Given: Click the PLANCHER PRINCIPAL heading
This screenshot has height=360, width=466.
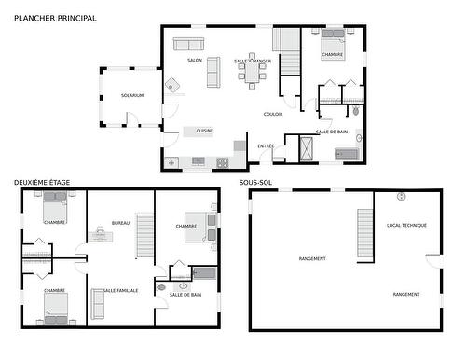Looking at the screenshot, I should (x=55, y=18).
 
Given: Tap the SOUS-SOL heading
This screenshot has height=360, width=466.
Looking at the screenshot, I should (x=255, y=182).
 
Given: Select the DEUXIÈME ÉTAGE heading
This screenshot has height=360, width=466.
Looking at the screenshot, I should (x=42, y=182).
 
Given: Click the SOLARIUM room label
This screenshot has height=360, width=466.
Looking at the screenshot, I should (x=132, y=95).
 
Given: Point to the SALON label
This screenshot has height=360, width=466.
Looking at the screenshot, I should (x=195, y=60).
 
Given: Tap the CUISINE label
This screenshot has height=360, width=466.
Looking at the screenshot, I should (x=205, y=131).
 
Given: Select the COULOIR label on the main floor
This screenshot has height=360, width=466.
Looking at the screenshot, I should (x=273, y=114).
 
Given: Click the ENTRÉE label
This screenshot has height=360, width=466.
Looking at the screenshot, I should (x=267, y=145).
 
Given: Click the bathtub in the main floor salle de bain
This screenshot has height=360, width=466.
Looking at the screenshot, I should (x=347, y=153).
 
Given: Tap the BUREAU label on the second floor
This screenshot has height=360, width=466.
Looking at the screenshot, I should (x=120, y=223).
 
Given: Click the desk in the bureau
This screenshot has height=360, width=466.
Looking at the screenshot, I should (x=101, y=235).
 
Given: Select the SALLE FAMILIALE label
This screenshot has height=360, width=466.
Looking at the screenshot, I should (x=121, y=290).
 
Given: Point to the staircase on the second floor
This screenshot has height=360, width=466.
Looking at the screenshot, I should (x=145, y=236).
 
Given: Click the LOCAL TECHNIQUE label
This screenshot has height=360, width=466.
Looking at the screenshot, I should (x=406, y=225).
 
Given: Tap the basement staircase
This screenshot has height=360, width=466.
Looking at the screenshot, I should (x=365, y=235).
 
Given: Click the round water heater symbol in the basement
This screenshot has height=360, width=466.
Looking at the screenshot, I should (x=402, y=197).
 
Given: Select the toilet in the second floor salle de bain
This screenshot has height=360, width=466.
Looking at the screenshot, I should (x=162, y=288).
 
